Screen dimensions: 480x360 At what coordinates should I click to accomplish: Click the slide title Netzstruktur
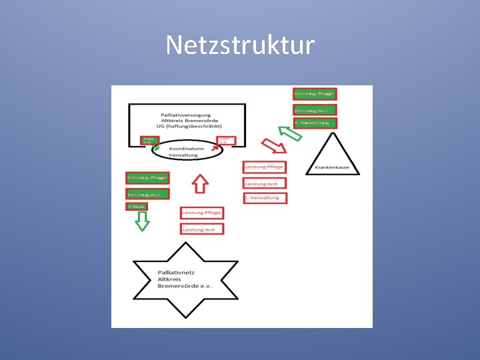pyautogui.click(x=240, y=45)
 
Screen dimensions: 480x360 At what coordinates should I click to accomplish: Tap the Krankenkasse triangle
pyautogui.click(x=333, y=157)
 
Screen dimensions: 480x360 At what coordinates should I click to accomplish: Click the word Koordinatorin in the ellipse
pyautogui.click(x=187, y=148)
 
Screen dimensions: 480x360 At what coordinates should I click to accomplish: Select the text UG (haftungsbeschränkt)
pyautogui.click(x=185, y=125)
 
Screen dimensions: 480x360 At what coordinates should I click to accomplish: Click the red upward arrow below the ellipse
pyautogui.click(x=200, y=183)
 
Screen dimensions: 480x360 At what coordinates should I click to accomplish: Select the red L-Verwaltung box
pyautogui.click(x=265, y=198)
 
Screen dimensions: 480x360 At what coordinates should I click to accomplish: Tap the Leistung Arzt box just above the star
pyautogui.click(x=202, y=229)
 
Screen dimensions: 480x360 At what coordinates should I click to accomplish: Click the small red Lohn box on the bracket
pyautogui.click(x=227, y=141)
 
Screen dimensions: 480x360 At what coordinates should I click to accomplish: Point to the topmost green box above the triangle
pyautogui.click(x=315, y=94)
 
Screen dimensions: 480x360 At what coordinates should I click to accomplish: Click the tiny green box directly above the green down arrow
pyautogui.click(x=137, y=207)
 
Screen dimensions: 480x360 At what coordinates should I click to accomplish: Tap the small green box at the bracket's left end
pyautogui.click(x=148, y=141)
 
